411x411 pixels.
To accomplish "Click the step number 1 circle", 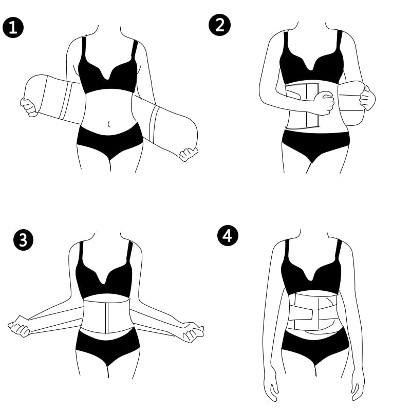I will [x=13, y=27].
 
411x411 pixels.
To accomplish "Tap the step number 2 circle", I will [x=220, y=25].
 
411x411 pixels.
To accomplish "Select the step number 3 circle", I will [x=23, y=240].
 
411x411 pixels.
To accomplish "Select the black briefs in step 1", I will [x=109, y=140].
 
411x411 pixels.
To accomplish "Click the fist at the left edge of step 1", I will [x=28, y=106].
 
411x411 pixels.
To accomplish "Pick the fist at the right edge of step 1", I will [x=189, y=154].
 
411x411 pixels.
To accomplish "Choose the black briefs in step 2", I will [x=314, y=143].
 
